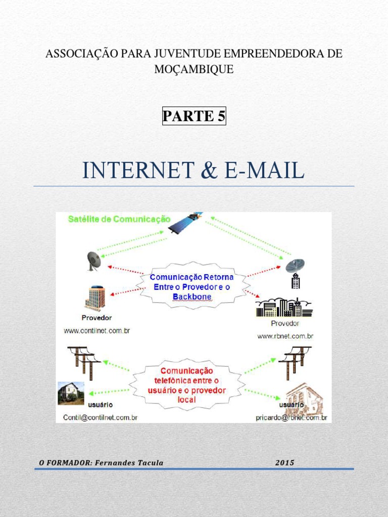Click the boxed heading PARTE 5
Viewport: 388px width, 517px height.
(194, 116)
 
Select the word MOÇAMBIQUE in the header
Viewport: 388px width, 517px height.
(194, 70)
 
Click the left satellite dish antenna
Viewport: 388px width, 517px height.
(93, 261)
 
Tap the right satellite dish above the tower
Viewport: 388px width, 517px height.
(295, 265)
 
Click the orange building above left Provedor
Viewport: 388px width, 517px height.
(95, 298)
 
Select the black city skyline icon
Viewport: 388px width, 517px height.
(284, 307)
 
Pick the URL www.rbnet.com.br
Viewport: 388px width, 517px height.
(285, 336)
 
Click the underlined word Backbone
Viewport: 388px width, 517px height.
(192, 296)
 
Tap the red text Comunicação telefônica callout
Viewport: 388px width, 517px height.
(186, 385)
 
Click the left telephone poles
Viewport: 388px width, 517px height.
(84, 360)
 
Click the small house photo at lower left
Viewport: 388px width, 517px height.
(71, 392)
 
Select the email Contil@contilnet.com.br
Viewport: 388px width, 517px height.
(100, 418)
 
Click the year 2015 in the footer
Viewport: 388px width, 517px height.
(285, 462)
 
